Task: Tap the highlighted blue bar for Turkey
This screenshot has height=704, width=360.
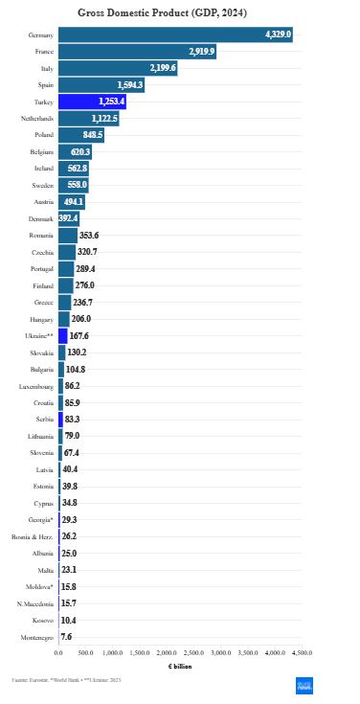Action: (x=92, y=102)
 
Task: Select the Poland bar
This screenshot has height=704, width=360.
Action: (x=80, y=135)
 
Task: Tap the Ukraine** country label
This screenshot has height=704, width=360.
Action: (x=38, y=336)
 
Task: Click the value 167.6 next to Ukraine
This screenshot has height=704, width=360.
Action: (x=79, y=336)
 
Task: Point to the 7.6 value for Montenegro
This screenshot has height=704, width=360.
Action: (x=66, y=637)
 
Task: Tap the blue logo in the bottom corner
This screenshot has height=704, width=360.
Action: (x=304, y=682)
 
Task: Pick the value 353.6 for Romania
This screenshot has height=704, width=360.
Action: (x=89, y=236)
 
